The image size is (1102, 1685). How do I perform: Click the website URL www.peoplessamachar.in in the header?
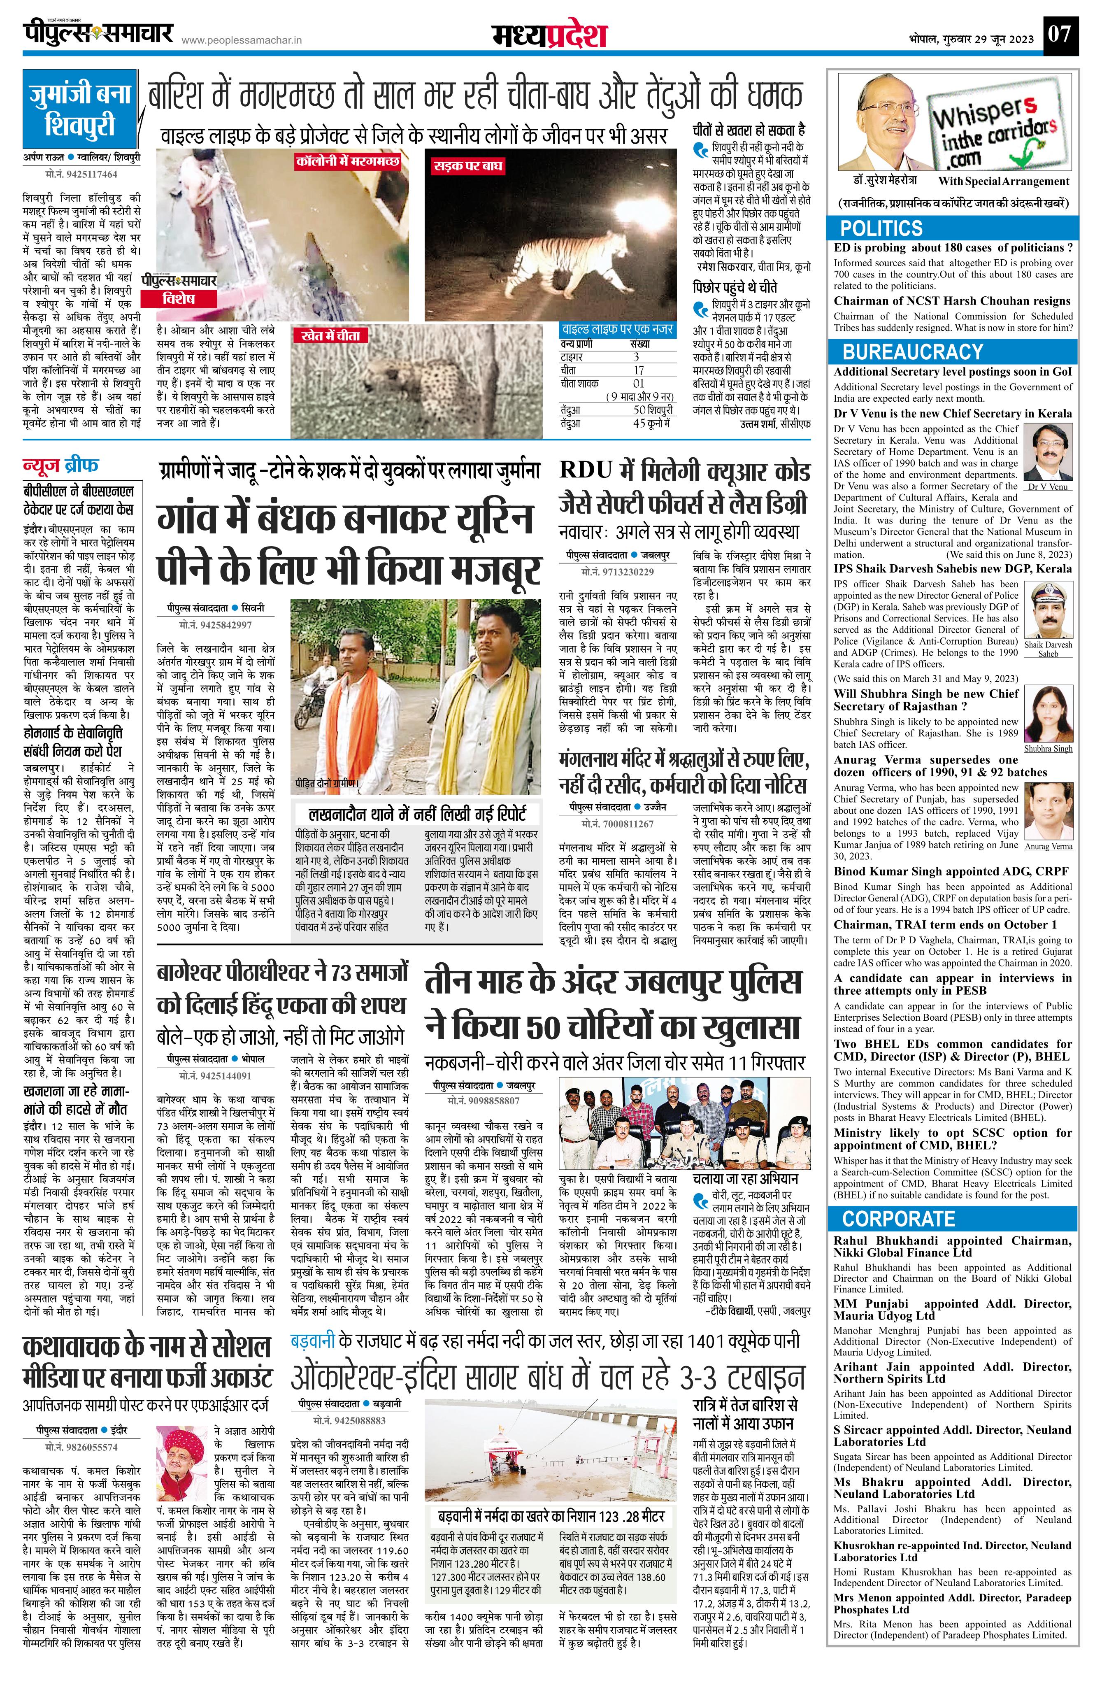point(242,41)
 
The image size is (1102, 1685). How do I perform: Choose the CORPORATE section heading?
point(898,1218)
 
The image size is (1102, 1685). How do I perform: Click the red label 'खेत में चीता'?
point(330,335)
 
